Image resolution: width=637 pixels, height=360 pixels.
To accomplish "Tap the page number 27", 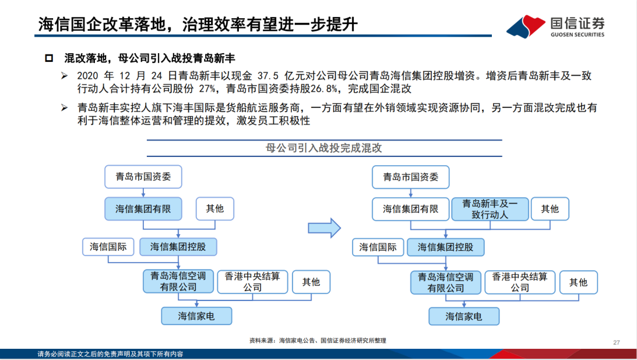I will point(617,342).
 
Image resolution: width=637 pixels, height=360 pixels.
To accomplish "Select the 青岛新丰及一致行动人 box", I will point(490,209).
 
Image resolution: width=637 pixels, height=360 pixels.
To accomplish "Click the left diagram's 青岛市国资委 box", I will point(143,176).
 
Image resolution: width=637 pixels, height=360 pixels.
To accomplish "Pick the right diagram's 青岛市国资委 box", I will point(410,176).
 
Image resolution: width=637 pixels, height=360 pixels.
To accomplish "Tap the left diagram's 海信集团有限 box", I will point(143,209).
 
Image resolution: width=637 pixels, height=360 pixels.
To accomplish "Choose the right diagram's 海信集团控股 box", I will point(445,247).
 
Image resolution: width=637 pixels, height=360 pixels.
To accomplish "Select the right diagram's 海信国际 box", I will point(377,247).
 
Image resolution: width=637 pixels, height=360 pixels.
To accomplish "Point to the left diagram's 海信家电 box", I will point(196,316).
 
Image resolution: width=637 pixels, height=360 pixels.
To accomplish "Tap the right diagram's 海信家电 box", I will point(464,316).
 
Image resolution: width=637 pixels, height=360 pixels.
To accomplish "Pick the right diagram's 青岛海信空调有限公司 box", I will point(445,282).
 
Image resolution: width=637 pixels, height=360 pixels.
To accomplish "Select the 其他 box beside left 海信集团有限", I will point(215,209).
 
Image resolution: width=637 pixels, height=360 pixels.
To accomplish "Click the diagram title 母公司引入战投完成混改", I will point(324,148).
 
